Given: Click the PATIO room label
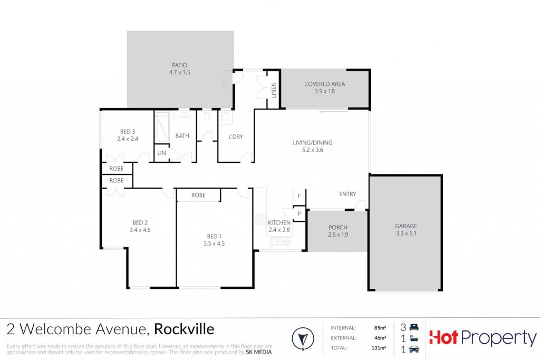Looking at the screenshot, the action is (179, 65).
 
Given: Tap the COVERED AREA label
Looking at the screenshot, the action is (324, 84).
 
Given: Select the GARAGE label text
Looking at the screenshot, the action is (406, 226).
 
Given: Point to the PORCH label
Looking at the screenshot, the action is (338, 228).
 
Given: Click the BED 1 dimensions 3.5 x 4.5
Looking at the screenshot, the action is (214, 244).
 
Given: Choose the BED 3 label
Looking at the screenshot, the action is (128, 131).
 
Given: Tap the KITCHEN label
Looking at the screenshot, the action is (279, 222).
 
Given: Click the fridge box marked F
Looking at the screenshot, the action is (299, 196).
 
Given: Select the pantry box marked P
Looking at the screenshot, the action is (299, 213).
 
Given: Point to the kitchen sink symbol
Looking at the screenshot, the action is (281, 242).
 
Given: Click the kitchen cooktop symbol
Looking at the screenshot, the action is (260, 220).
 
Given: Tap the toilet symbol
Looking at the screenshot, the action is (207, 115).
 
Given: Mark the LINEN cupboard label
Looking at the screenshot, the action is (274, 90).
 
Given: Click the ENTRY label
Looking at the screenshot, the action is (348, 194).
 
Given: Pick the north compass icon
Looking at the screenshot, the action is (303, 338).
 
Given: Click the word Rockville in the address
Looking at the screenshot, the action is (184, 329).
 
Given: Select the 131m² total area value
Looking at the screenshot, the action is (379, 348).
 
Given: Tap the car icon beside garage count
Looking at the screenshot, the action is (414, 349).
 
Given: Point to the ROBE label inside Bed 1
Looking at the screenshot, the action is (198, 195).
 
